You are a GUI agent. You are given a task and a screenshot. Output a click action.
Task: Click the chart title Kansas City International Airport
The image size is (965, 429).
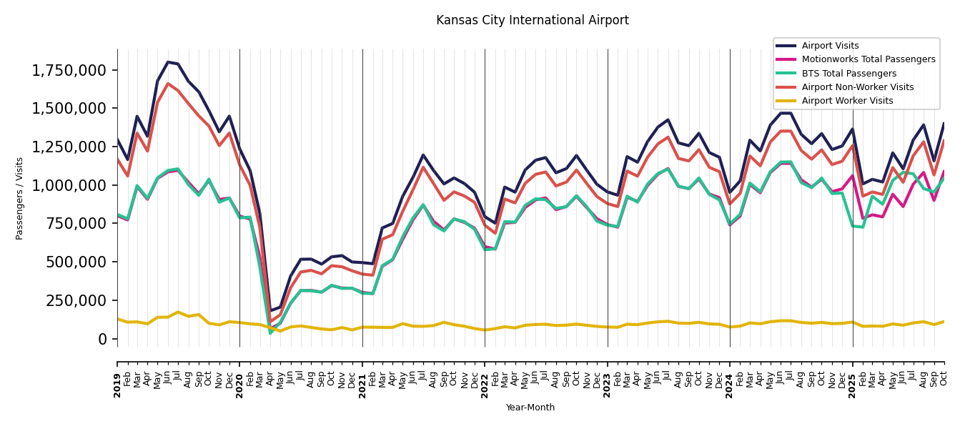tap(533, 21)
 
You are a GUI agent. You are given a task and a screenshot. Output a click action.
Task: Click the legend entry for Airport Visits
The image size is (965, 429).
tap(830, 46)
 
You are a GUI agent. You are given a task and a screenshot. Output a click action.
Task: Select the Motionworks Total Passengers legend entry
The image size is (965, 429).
tap(868, 59)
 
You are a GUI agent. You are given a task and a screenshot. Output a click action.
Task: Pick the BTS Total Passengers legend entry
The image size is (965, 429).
tap(848, 74)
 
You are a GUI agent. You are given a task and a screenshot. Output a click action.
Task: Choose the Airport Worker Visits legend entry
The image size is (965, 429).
tap(847, 101)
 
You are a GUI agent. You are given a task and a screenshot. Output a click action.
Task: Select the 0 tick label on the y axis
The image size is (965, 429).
tap(103, 338)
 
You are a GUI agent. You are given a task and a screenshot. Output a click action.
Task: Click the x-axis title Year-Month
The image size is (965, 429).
tap(530, 408)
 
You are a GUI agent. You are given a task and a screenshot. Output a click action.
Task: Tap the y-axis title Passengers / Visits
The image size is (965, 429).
tap(20, 198)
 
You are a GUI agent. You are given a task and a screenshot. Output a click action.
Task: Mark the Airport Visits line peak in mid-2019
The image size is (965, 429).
tap(168, 62)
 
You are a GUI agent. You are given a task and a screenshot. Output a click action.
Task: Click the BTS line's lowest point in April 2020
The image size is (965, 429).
tap(270, 332)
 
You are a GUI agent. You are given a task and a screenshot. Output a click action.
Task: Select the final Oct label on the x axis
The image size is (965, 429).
tap(944, 376)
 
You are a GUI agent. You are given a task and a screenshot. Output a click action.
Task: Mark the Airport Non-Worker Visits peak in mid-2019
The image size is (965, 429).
tap(168, 84)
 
